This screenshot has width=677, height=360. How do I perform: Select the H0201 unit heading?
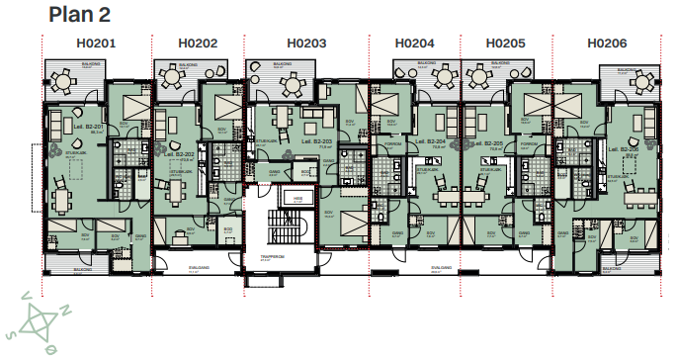96,44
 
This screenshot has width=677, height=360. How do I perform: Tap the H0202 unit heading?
198,44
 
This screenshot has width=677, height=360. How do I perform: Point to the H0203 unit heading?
306,44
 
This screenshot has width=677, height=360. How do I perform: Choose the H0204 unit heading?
414,44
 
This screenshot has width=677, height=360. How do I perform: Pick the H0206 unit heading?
607,44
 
